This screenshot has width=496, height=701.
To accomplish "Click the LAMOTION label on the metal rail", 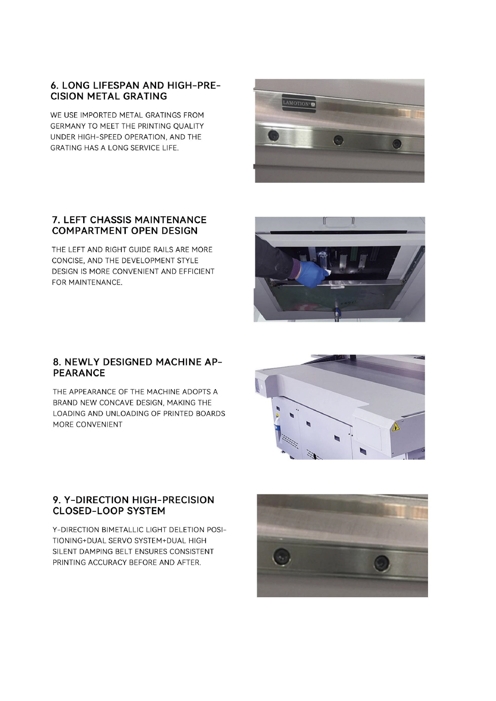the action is coord(299,102).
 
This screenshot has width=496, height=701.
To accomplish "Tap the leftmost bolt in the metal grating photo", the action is coord(273,135).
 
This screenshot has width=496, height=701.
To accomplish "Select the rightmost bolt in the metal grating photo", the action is coord(397,144).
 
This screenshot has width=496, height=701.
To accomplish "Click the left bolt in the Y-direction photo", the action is coord(281,555).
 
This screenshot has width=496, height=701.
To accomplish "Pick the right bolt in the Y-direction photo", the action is coord(381,563).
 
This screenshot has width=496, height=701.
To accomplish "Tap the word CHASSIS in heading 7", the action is coord(110,220).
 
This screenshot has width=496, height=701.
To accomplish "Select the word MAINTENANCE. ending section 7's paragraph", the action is coord(95,283).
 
